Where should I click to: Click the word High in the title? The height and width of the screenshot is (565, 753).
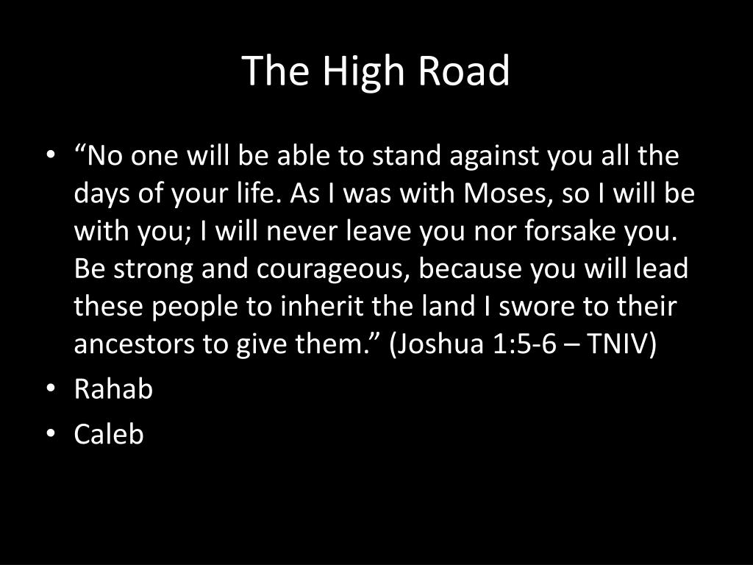point(363,73)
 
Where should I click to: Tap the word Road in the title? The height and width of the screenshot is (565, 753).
point(463,70)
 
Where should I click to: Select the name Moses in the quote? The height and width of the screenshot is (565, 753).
point(504,193)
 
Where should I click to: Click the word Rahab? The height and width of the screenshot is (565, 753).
point(113,388)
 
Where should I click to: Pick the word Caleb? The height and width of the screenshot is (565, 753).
point(109,434)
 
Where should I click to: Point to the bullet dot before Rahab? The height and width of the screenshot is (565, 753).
point(51,388)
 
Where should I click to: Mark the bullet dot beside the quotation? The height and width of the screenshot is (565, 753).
point(51,154)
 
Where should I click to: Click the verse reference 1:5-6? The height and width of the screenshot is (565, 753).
point(524,344)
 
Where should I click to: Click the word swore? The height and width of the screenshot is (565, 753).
point(536,307)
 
